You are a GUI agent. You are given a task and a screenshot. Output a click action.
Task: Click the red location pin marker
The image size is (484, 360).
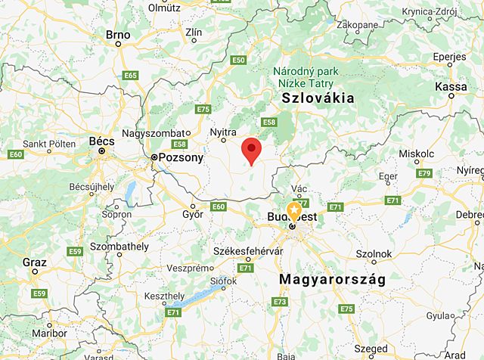click(x=252, y=151)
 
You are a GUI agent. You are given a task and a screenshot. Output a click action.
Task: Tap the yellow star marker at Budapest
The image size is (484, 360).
click(x=293, y=211)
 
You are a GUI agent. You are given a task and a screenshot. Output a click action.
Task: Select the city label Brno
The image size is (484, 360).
click(x=118, y=34)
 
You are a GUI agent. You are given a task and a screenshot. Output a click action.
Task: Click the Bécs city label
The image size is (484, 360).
click(x=101, y=141)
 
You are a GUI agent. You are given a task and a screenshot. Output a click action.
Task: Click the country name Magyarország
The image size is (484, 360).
click(x=332, y=280)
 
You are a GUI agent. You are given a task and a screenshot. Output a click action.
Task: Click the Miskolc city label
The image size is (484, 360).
click(x=416, y=154)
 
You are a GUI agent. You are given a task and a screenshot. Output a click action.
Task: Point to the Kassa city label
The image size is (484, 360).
click(x=451, y=87)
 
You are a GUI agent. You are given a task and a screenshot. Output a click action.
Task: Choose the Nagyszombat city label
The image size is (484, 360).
click(x=159, y=133)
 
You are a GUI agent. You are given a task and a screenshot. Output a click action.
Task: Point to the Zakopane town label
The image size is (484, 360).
click(x=357, y=24)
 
